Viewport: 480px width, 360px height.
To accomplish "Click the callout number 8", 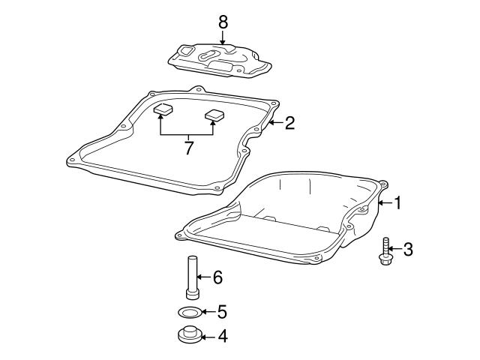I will point(223,21).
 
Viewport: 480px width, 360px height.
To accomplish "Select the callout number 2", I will point(289,122).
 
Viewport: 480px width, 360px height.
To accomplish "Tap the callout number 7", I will point(188,147).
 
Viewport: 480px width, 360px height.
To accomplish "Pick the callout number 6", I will point(217,278).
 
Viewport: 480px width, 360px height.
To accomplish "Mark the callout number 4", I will point(221,337).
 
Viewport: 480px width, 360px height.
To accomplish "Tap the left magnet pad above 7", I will point(163,112).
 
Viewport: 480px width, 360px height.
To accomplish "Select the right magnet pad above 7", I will point(214,115).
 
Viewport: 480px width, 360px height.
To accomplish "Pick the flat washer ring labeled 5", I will point(190,311).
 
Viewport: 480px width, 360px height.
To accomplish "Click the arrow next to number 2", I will point(274,122).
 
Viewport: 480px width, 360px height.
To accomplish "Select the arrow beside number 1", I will point(383,202).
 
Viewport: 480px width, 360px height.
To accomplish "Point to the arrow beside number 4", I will point(208,337).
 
